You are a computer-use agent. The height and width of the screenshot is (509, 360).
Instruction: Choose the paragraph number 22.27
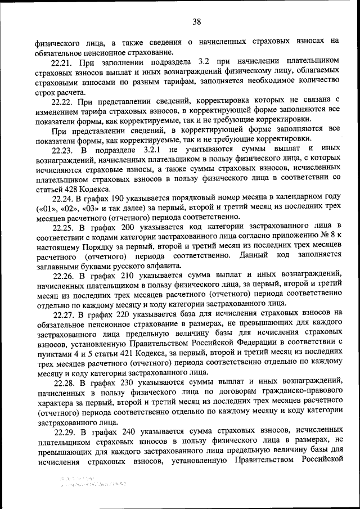pos(65,314)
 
